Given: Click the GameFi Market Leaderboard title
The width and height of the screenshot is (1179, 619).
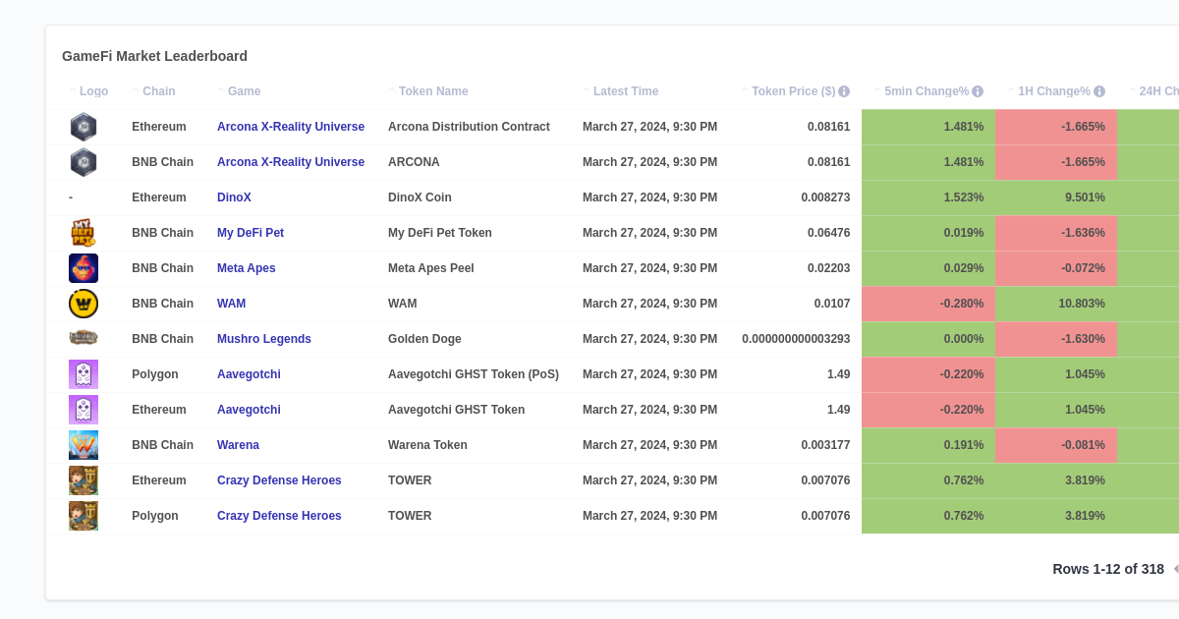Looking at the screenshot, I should [154, 56].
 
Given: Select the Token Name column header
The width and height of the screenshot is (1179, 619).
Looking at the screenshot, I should [433, 91].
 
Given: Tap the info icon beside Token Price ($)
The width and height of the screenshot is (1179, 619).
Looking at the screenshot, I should [844, 91].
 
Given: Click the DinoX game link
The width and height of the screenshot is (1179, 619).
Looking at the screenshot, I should [234, 197].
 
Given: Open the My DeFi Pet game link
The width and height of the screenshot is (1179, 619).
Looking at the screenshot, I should [251, 233].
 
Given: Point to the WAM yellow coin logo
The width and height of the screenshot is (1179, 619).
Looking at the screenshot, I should [84, 304].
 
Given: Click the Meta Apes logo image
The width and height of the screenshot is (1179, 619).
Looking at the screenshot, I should [84, 268].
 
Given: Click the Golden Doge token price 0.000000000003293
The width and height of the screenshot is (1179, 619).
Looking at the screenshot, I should [796, 339].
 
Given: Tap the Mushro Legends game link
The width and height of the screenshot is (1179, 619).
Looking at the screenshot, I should [264, 339].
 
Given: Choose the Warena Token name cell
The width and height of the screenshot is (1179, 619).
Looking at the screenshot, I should [427, 445].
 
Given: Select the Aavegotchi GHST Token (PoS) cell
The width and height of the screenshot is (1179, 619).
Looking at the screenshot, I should [474, 374].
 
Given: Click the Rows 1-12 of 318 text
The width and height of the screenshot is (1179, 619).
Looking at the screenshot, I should [1107, 569].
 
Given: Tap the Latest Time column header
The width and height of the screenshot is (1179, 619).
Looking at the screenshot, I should [626, 91].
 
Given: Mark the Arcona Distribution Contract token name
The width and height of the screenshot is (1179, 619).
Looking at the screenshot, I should [469, 127].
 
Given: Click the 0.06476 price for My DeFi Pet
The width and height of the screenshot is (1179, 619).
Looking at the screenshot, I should [828, 233].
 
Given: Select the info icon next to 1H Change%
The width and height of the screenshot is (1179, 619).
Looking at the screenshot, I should [1099, 91].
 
